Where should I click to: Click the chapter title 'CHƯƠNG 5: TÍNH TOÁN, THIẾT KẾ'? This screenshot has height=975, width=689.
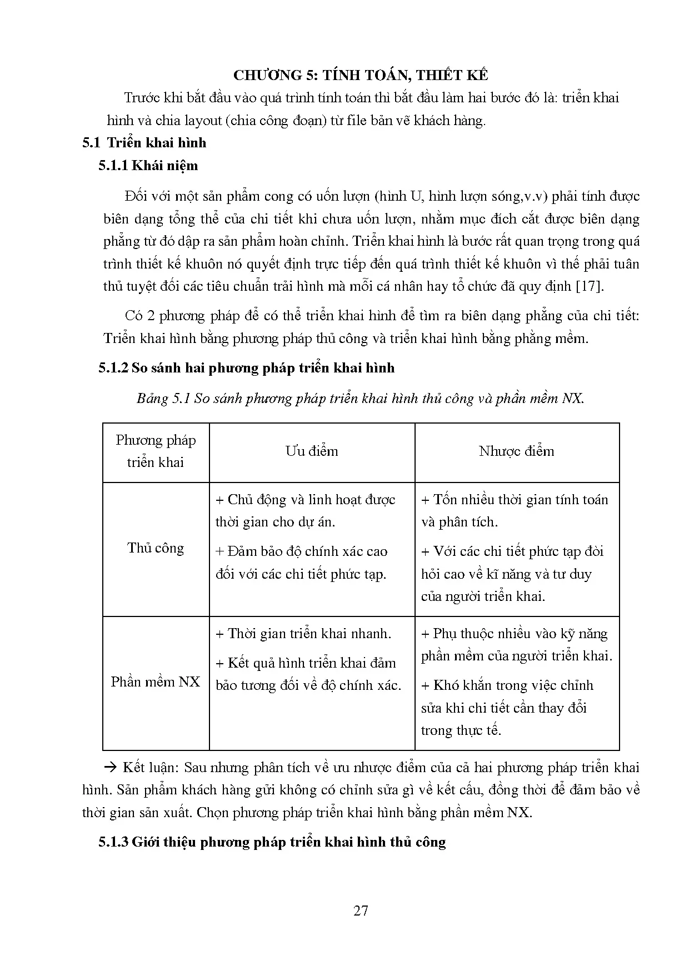point(361,75)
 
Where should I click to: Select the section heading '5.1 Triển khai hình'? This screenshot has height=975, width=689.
point(144,143)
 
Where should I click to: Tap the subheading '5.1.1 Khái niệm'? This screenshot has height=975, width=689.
point(148,166)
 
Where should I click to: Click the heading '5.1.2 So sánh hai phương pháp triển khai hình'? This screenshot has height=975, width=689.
point(246,368)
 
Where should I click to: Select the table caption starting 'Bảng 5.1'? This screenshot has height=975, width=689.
point(360,399)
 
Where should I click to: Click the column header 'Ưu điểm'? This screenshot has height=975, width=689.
point(312,451)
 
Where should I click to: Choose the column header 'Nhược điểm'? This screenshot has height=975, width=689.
point(516,451)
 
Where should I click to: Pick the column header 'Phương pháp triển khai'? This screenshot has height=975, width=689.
point(156,451)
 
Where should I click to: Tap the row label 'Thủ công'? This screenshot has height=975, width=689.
point(156,548)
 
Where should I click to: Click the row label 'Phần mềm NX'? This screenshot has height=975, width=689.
point(156,682)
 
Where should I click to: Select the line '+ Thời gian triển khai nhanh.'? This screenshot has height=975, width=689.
point(303,634)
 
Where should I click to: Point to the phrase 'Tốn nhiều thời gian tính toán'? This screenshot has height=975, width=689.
point(520,500)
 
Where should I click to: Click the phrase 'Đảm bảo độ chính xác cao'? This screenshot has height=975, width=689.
point(307,551)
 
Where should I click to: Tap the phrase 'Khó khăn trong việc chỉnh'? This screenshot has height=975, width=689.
point(513,685)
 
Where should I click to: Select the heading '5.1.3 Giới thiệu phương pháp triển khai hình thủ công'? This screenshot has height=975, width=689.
point(272,842)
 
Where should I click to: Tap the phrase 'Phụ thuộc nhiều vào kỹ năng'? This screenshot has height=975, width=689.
point(520,634)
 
